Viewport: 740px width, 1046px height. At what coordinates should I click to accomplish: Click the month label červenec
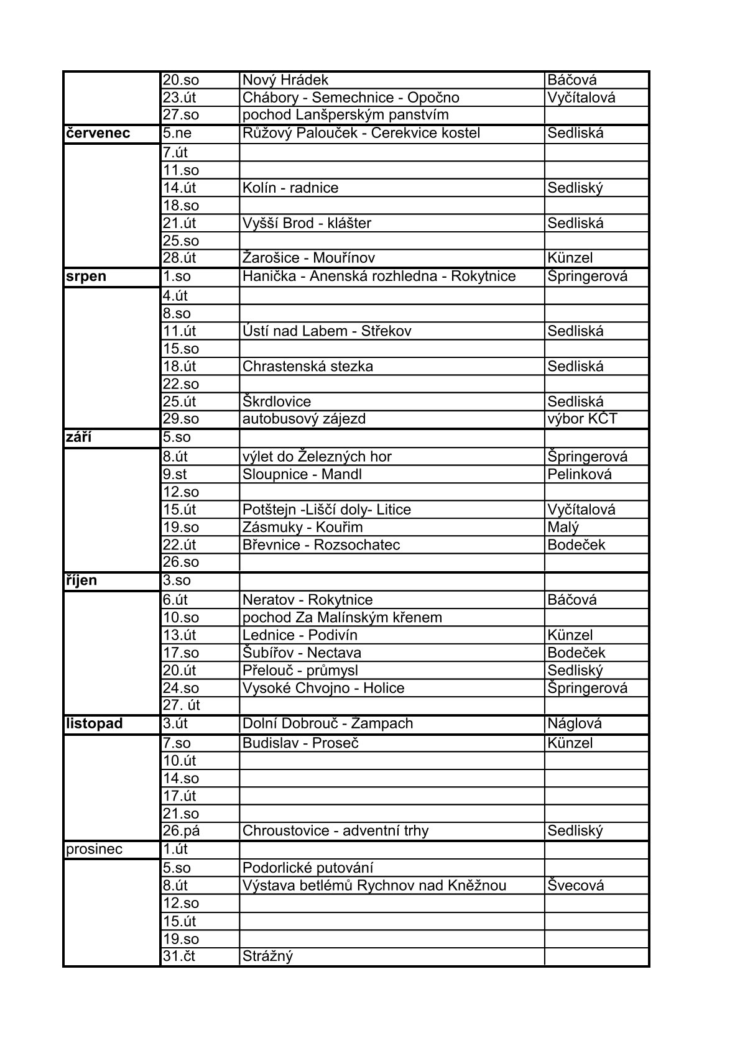98,133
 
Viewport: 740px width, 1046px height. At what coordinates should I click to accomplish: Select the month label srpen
86,277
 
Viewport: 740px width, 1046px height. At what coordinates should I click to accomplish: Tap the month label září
78,437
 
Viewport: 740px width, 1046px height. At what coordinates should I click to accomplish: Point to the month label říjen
81,580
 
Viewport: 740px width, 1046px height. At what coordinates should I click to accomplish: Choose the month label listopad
94,723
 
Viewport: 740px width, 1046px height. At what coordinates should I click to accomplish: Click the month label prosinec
94,849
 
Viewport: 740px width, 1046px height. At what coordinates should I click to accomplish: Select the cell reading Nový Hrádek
285,80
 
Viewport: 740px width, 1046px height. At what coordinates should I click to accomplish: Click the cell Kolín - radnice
290,188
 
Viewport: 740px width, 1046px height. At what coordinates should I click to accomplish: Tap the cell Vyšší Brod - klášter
307,223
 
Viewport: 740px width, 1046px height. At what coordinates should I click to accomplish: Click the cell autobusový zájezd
303,419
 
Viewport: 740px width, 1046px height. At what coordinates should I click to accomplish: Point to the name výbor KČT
582,419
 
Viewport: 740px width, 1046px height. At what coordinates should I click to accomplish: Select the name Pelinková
580,474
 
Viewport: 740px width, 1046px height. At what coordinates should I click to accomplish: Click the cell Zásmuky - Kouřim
302,527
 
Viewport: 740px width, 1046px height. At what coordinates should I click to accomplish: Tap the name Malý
563,527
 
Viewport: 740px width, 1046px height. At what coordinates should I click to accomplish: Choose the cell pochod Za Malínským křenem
342,617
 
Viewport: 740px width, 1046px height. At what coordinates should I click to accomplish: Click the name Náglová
575,723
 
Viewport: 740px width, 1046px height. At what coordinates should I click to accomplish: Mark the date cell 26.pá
181,831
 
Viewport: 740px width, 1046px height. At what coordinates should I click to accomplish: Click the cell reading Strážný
267,956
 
